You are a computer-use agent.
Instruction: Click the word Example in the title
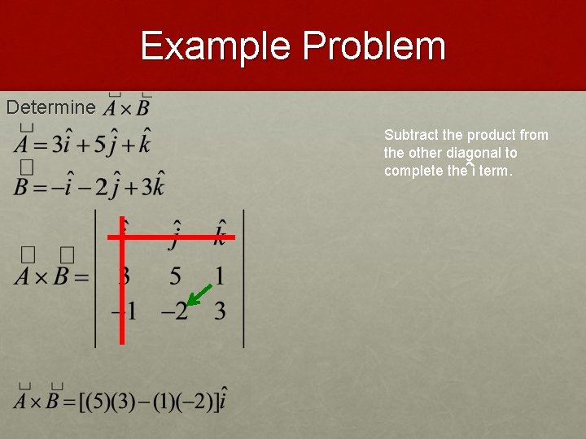click(215, 46)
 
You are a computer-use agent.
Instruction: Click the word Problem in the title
click(374, 47)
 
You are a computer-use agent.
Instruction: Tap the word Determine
click(50, 107)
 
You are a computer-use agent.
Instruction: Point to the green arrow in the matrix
click(202, 294)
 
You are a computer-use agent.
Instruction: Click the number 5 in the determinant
click(175, 276)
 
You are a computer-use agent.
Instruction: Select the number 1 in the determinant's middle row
click(219, 276)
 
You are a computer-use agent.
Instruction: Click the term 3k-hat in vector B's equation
click(150, 186)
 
